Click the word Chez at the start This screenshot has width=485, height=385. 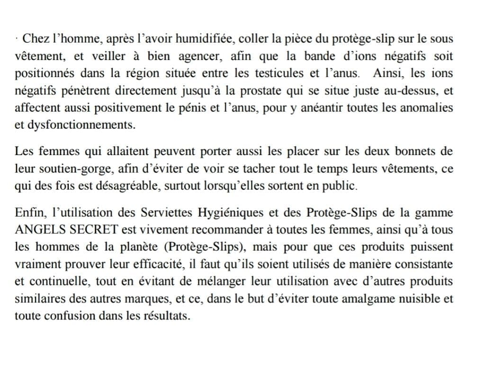(33, 39)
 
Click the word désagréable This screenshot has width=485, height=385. (127, 186)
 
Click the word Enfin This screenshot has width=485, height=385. (28, 212)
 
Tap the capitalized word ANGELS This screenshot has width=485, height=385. (40, 230)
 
